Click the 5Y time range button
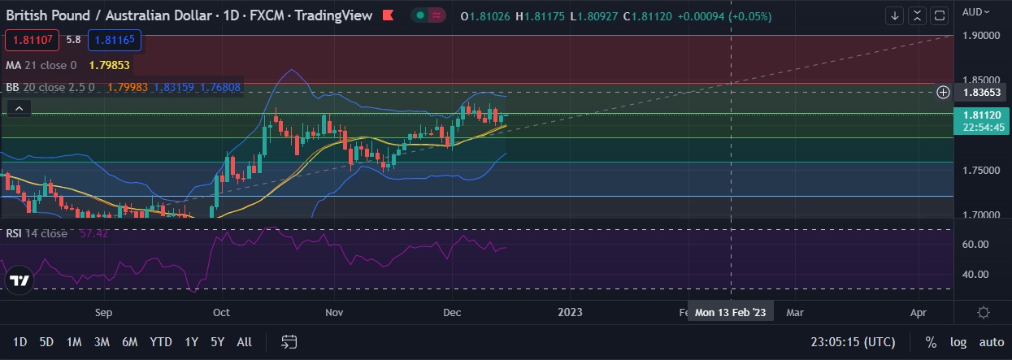(217, 342)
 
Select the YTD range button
(161, 342)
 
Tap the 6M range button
(129, 342)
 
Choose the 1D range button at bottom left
(20, 342)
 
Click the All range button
(244, 342)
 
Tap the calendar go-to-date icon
(289, 341)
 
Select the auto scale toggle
(991, 342)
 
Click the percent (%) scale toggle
(931, 342)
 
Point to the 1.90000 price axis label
(980, 36)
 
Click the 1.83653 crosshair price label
(980, 93)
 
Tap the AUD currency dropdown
(975, 11)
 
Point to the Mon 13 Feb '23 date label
(731, 312)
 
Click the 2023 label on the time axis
(571, 312)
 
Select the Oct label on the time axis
(220, 312)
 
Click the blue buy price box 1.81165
(115, 39)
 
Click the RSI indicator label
(15, 233)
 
